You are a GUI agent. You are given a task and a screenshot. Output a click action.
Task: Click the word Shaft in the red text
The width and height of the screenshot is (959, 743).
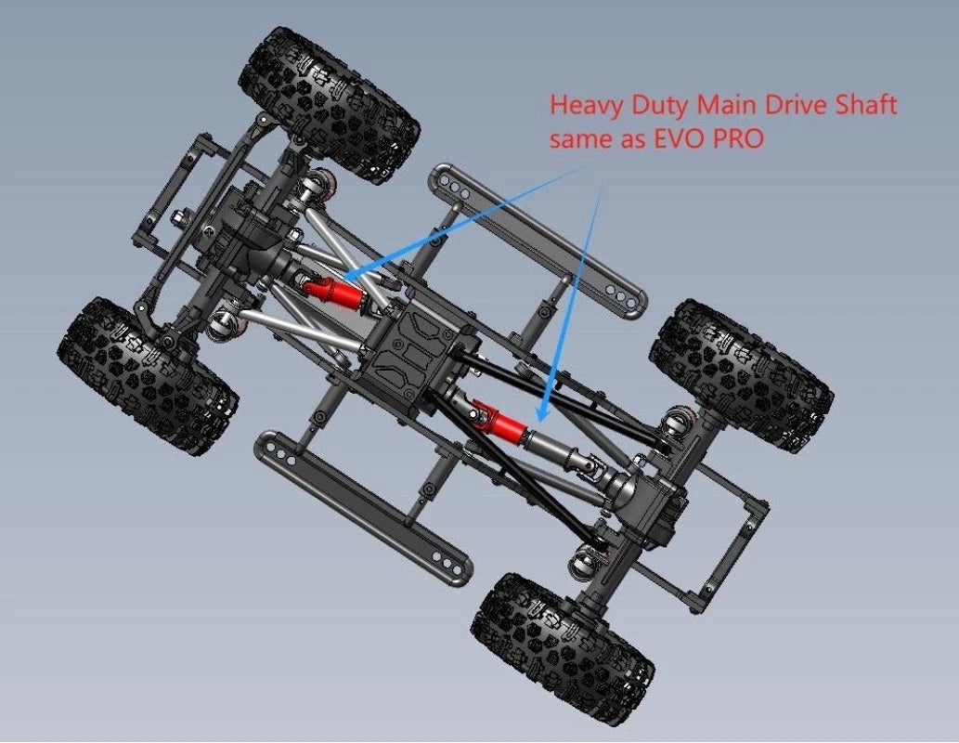click(x=866, y=105)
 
